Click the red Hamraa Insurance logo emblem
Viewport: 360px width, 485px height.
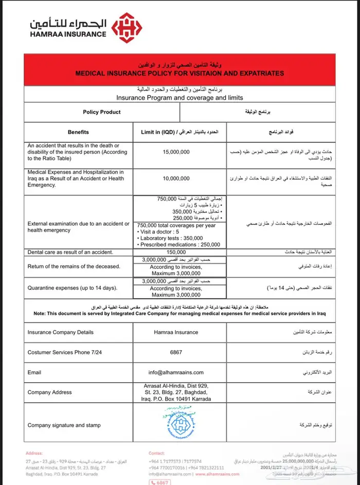pyautogui.click(x=127, y=28)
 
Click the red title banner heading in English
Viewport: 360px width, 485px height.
pyautogui.click(x=179, y=74)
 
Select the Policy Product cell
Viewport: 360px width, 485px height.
pyautogui.click(x=102, y=112)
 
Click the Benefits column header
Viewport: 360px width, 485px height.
pyautogui.click(x=78, y=132)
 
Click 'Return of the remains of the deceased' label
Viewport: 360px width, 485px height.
pyautogui.click(x=74, y=266)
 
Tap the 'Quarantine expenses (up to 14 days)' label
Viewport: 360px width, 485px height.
pyautogui.click(x=72, y=288)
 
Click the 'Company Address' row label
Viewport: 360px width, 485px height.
pyautogui.click(x=50, y=392)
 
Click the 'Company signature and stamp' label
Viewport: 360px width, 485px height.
pyautogui.click(x=64, y=425)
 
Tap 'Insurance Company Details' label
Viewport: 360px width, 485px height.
pyautogui.click(x=60, y=332)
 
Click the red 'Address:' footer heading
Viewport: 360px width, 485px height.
pyautogui.click(x=33, y=453)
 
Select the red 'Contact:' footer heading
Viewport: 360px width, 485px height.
pyautogui.click(x=156, y=453)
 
